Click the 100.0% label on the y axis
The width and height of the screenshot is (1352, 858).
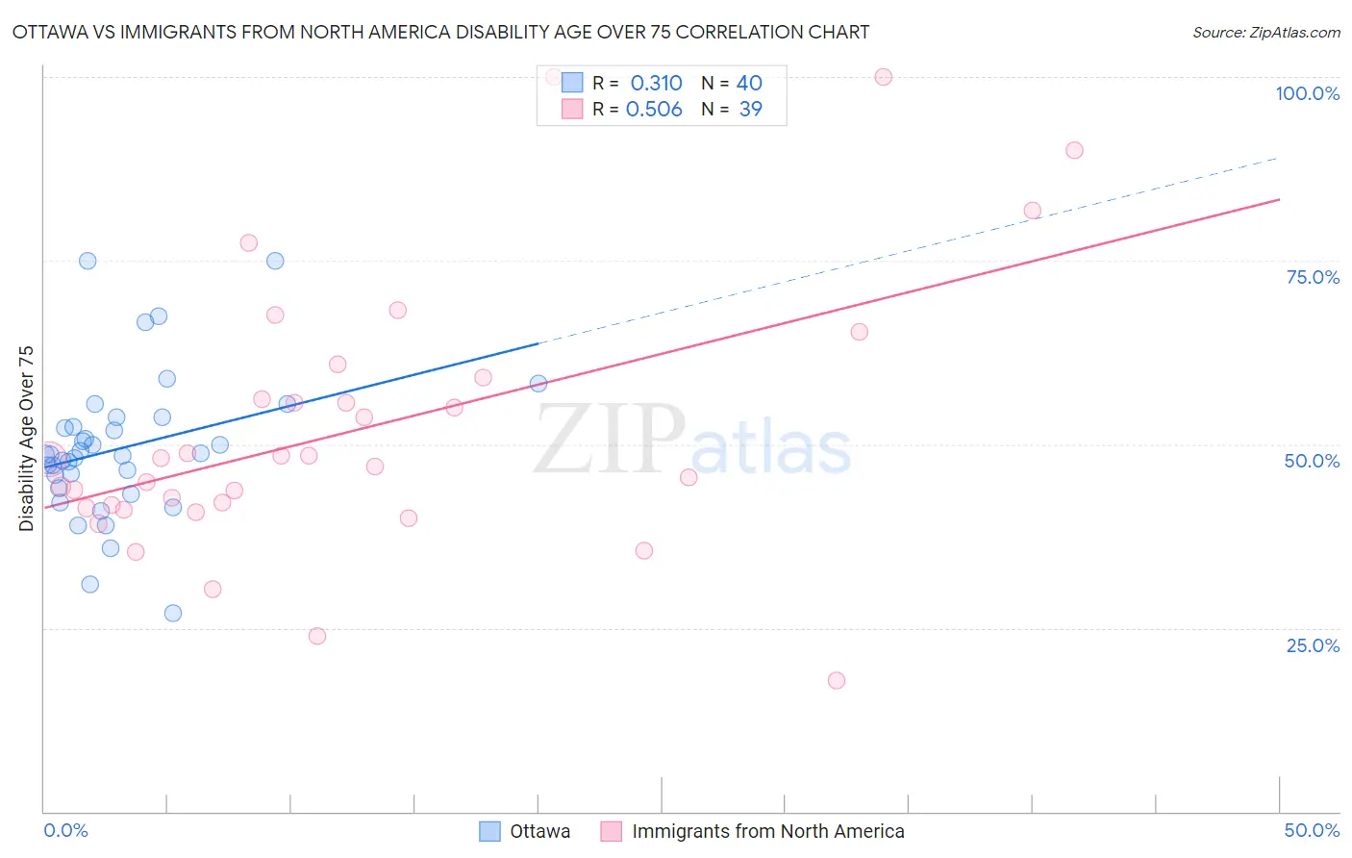tap(1307, 93)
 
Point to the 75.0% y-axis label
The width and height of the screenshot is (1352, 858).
tap(1313, 277)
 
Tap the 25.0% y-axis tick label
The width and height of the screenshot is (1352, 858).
tap(1313, 645)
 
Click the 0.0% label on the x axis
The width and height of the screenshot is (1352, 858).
tap(65, 830)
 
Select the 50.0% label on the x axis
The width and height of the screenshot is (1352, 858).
tap(1312, 830)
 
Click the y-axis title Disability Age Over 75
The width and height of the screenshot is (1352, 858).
tap(26, 439)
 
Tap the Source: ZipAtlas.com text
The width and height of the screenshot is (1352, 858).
tap(1265, 32)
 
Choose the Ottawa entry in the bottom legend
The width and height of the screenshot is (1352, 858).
tap(539, 831)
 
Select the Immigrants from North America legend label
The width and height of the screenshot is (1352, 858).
tap(767, 831)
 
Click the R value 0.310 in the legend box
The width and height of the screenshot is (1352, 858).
tap(656, 84)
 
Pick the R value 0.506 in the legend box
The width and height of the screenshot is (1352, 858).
tap(654, 110)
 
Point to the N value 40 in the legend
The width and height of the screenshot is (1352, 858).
tap(749, 84)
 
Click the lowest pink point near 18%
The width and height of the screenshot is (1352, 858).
tap(837, 680)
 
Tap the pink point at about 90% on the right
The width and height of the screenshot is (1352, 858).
tap(1074, 150)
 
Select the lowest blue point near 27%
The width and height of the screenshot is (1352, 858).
tap(173, 613)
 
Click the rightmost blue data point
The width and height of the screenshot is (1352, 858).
tap(538, 384)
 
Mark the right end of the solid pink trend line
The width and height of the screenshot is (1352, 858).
tap(1280, 199)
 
